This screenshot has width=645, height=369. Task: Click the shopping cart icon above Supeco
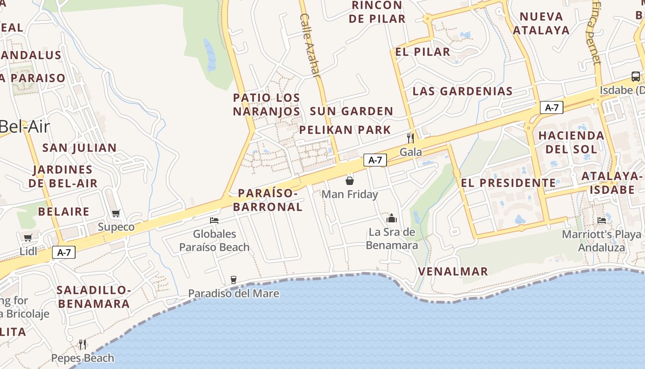pyautogui.click(x=116, y=213)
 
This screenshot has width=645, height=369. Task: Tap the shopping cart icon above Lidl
pyautogui.click(x=28, y=238)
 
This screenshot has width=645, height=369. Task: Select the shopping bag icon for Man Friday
pyautogui.click(x=350, y=180)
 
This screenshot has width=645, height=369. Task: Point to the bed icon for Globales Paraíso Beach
pyautogui.click(x=214, y=220)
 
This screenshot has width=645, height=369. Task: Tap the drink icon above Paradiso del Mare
pyautogui.click(x=233, y=280)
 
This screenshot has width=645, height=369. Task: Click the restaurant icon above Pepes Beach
pyautogui.click(x=82, y=344)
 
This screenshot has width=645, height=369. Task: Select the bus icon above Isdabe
pyautogui.click(x=635, y=76)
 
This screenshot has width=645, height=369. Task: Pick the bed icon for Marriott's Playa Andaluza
pyautogui.click(x=602, y=220)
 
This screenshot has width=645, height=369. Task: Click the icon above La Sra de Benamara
pyautogui.click(x=392, y=218)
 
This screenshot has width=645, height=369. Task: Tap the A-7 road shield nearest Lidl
pyautogui.click(x=64, y=252)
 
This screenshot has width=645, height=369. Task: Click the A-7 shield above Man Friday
pyautogui.click(x=375, y=160)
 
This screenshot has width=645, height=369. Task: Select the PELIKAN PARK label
pyautogui.click(x=345, y=130)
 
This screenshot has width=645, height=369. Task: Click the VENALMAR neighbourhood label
pyautogui.click(x=453, y=271)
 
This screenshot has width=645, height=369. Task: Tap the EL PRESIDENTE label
pyautogui.click(x=509, y=183)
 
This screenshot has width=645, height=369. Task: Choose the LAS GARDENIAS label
pyautogui.click(x=463, y=91)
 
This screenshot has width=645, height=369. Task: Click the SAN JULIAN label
pyautogui.click(x=79, y=148)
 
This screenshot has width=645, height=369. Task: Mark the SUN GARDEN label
pyautogui.click(x=352, y=111)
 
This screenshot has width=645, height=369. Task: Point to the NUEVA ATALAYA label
pyautogui.click(x=541, y=24)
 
